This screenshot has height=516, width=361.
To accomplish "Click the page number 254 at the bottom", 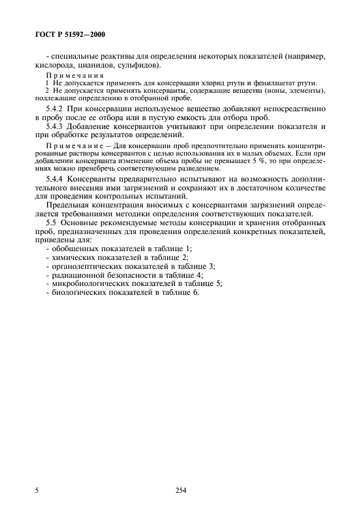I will (180, 489).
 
